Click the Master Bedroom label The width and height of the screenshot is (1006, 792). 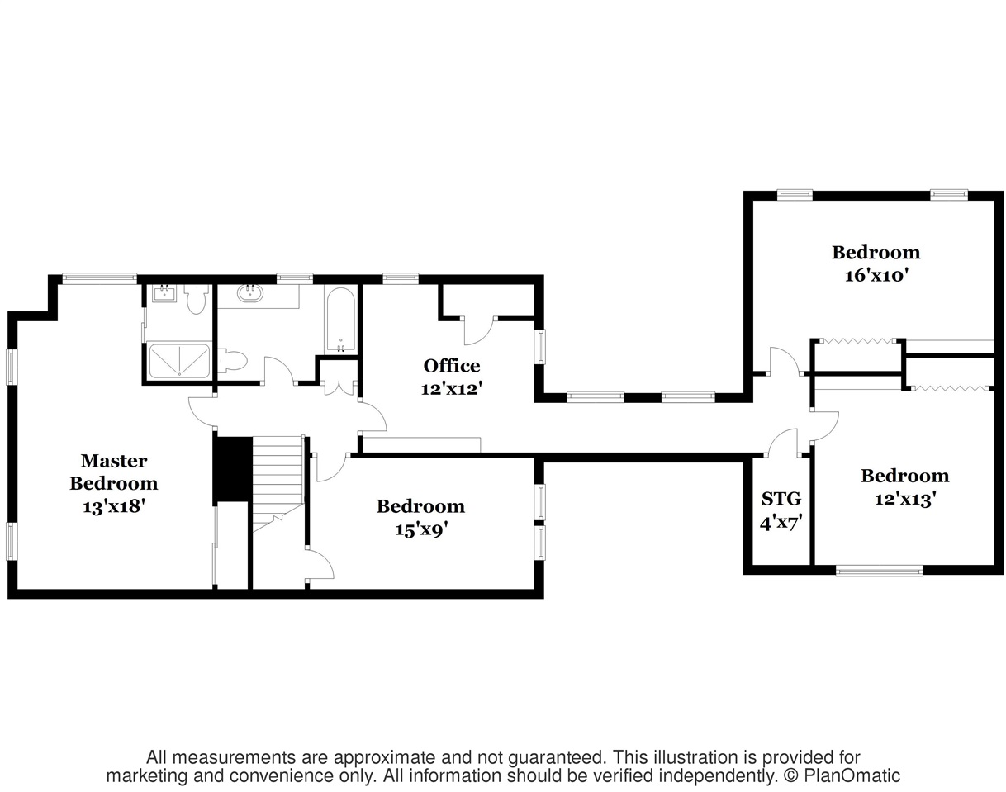point(114,472)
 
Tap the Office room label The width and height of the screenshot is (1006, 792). point(452,366)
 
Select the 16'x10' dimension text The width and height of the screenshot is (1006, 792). point(876,275)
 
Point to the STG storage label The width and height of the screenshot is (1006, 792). point(781,499)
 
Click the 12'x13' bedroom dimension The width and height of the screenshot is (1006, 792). point(905,499)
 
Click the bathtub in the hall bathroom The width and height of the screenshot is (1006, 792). point(341,320)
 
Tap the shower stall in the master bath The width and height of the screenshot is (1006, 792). point(179,360)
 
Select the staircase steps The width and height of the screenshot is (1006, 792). point(278,483)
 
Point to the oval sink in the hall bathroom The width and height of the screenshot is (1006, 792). point(250,294)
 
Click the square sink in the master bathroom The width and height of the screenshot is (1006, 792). point(164,294)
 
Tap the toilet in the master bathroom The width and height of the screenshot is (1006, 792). point(196,299)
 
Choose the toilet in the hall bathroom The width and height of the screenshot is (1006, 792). point(232,362)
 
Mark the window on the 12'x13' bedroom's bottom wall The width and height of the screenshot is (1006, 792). point(879,571)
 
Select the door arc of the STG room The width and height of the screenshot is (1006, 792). point(782,441)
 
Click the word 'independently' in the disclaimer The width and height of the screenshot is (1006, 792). point(708,776)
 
